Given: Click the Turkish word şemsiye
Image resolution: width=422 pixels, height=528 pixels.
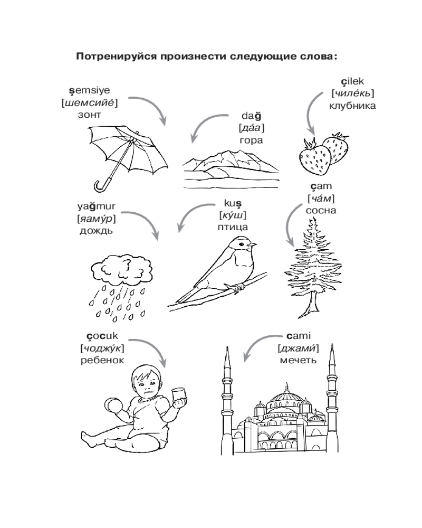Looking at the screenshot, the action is tap(90, 91).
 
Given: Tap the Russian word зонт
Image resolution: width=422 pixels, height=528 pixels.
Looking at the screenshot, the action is tap(89, 115).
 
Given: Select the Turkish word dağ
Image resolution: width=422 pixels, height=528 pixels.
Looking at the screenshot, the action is tap(251, 116).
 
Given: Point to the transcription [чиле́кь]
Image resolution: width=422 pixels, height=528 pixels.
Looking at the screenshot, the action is tap(352, 93).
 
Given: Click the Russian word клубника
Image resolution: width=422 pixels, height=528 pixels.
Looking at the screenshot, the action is tap(352, 106).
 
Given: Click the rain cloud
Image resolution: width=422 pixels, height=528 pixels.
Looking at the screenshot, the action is tap(121, 269).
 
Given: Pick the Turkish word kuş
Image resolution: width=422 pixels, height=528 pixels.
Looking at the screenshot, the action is tap(233, 204).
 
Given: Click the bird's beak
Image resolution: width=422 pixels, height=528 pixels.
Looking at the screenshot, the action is tap(253, 244).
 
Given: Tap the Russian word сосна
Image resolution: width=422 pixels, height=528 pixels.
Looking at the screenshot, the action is tap(321, 211).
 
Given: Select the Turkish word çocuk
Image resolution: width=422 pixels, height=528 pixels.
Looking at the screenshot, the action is tap(102, 336).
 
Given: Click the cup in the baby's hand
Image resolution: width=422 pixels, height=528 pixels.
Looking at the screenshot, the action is tap(179, 394).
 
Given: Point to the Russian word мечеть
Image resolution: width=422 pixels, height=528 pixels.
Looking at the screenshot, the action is tap(298, 360).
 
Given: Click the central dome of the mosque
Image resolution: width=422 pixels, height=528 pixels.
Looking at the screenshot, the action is tap(287, 397).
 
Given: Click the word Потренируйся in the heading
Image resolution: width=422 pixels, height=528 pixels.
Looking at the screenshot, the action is tap(116, 56).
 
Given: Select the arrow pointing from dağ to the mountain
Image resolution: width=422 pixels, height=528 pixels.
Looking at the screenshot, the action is tap(204, 122).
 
